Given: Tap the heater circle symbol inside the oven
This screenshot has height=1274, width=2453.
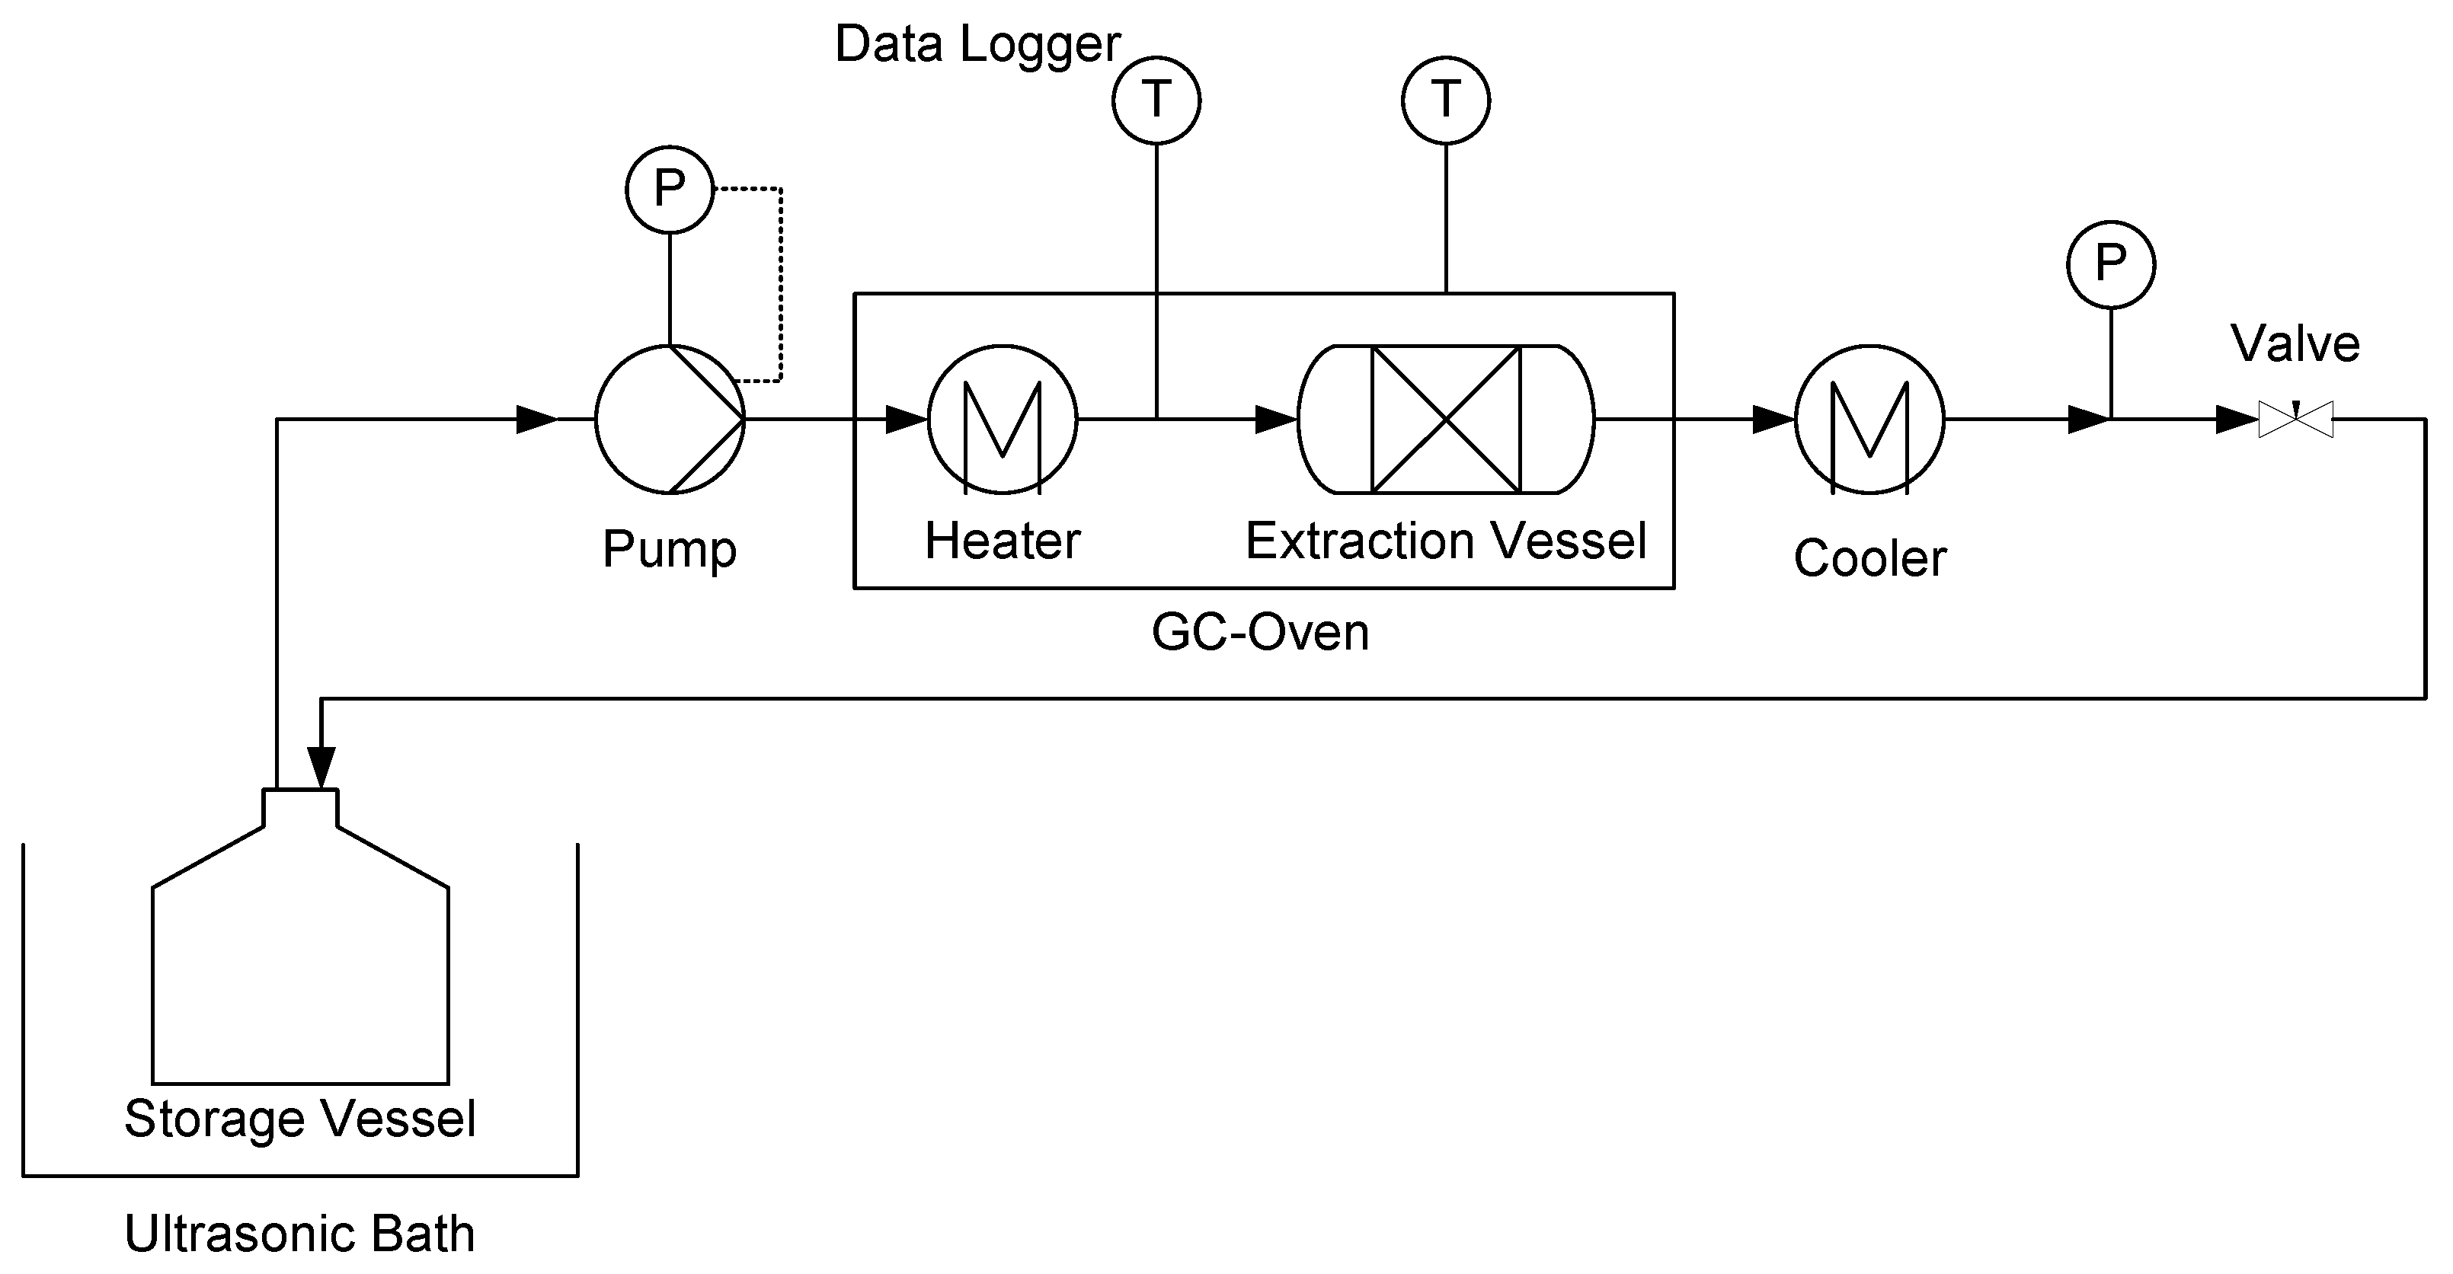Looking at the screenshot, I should [1003, 419].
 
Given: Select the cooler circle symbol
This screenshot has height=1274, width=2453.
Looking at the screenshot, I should [1869, 419].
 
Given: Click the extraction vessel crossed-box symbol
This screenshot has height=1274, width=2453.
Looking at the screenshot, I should [1446, 419].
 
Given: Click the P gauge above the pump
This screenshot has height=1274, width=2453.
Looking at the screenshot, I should [670, 190].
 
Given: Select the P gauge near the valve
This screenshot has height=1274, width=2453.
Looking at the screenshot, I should [2111, 265].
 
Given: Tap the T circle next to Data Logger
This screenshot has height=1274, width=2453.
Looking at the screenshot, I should [1156, 100].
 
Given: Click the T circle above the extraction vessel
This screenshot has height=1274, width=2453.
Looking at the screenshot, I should [1446, 100].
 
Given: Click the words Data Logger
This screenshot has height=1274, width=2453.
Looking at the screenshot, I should [977, 44].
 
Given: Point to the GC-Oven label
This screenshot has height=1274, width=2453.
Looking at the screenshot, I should [1260, 632].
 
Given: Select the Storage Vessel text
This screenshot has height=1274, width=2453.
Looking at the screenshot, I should [300, 1118].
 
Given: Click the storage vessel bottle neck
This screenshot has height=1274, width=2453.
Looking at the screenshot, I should [300, 807].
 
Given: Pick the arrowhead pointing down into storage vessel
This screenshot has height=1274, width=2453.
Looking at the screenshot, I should [321, 768].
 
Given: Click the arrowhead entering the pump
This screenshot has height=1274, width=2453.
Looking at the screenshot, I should [536, 419].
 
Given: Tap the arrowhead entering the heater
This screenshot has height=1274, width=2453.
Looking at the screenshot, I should [907, 419].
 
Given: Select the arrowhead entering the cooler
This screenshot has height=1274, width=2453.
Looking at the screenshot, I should [1773, 419].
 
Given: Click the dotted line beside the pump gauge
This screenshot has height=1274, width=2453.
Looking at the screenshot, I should [781, 286].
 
